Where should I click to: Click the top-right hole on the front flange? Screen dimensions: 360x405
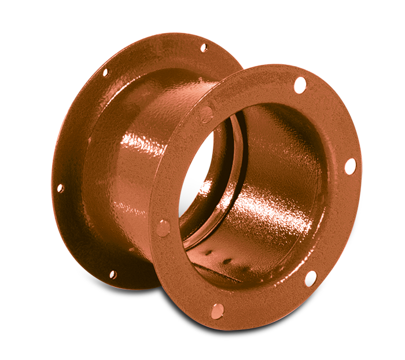300,85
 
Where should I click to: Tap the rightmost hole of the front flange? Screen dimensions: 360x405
350,166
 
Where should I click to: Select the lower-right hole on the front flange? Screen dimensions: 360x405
311,278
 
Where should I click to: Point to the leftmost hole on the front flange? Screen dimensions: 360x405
164,227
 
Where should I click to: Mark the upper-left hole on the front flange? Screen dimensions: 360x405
206,114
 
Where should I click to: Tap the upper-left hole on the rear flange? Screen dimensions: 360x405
105,73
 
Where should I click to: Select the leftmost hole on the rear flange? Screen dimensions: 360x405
60,188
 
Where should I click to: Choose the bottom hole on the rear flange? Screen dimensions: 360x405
112,274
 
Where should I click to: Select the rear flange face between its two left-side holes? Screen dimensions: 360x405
75,127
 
